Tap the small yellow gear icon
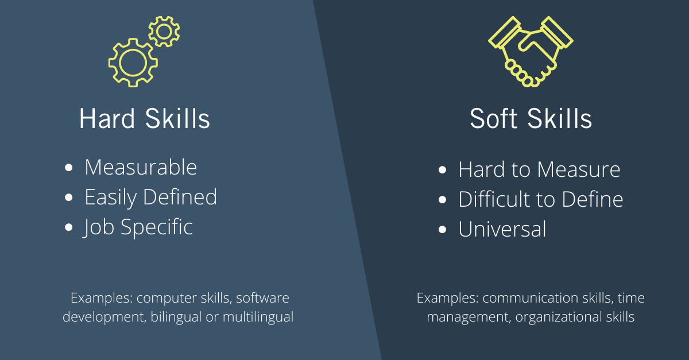164,32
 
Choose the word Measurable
141,168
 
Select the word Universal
502,230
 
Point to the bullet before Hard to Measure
442,170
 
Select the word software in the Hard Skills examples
262,299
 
